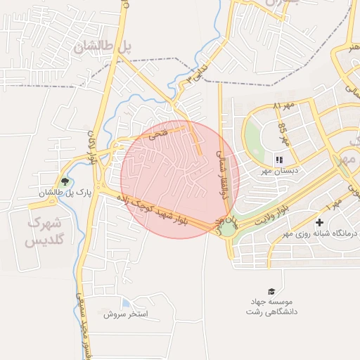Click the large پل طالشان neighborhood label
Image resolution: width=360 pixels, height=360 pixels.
102,47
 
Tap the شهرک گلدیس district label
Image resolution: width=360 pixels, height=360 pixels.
44,231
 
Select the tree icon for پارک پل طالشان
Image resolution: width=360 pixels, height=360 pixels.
65,181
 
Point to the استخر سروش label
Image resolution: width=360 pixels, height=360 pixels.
127,314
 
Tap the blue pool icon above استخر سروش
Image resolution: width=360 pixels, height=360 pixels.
125,302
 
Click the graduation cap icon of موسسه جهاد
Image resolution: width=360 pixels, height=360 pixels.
271,291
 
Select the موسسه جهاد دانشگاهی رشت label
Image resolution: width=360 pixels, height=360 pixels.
271,306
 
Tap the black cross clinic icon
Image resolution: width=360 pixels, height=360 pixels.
319,223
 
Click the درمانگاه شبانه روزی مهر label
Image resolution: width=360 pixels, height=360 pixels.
320,233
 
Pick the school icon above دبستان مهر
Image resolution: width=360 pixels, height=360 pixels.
278,160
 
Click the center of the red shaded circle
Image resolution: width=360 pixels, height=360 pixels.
179,179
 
